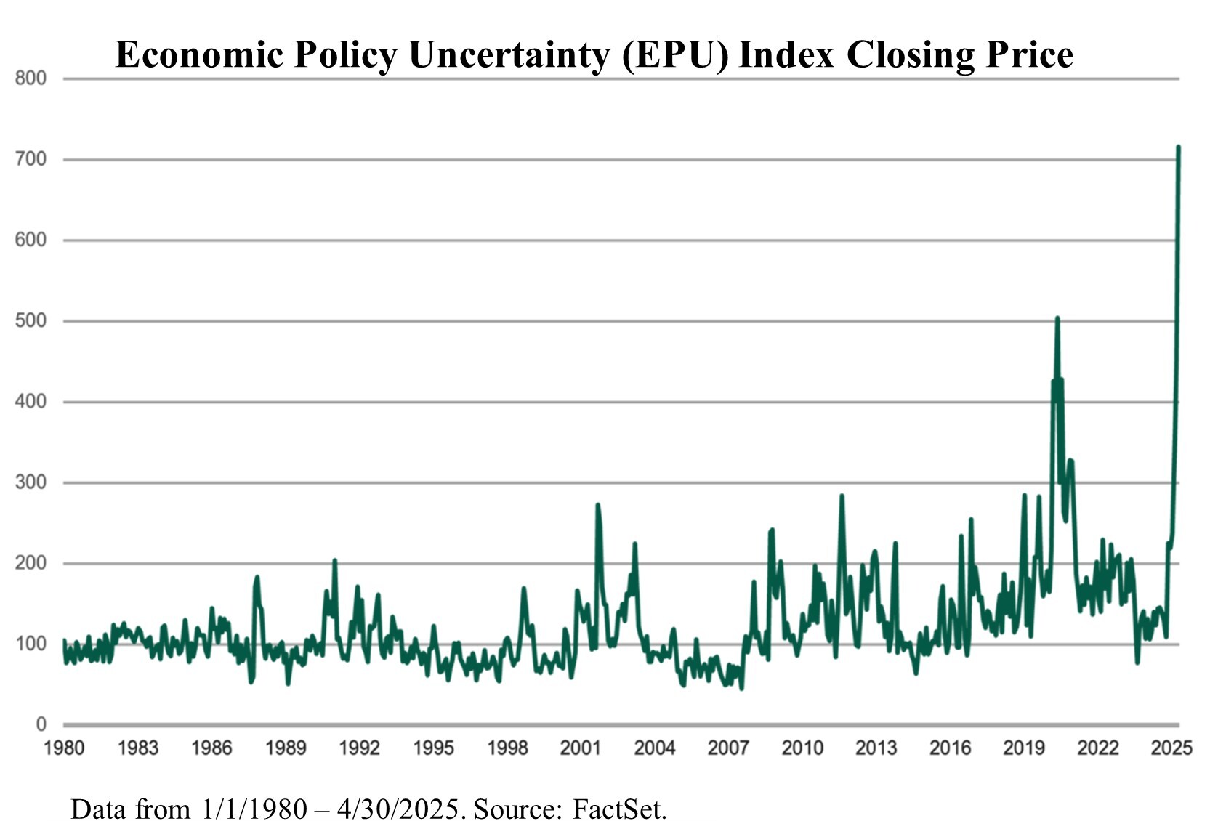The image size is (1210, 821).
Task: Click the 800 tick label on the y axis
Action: click(31, 78)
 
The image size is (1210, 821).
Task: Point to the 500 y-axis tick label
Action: click(31, 320)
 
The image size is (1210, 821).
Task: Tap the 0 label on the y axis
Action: click(41, 724)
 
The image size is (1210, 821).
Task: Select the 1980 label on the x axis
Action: click(64, 748)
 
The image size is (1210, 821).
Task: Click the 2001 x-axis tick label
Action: click(581, 748)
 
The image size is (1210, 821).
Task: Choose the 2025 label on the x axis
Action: click(1171, 748)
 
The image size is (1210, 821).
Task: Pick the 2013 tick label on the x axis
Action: click(876, 748)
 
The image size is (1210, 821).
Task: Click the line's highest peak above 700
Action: click(1178, 147)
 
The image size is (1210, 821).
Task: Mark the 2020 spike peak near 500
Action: click(1057, 318)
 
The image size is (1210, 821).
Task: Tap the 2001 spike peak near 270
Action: click(597, 505)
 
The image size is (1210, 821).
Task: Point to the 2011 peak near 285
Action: click(842, 496)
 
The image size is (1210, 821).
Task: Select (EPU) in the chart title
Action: click(675, 54)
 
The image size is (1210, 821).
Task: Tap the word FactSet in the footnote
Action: click(619, 809)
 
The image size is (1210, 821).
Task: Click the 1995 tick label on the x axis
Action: click(433, 748)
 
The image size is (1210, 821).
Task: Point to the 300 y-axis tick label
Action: click(31, 482)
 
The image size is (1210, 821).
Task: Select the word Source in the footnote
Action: click(517, 809)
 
